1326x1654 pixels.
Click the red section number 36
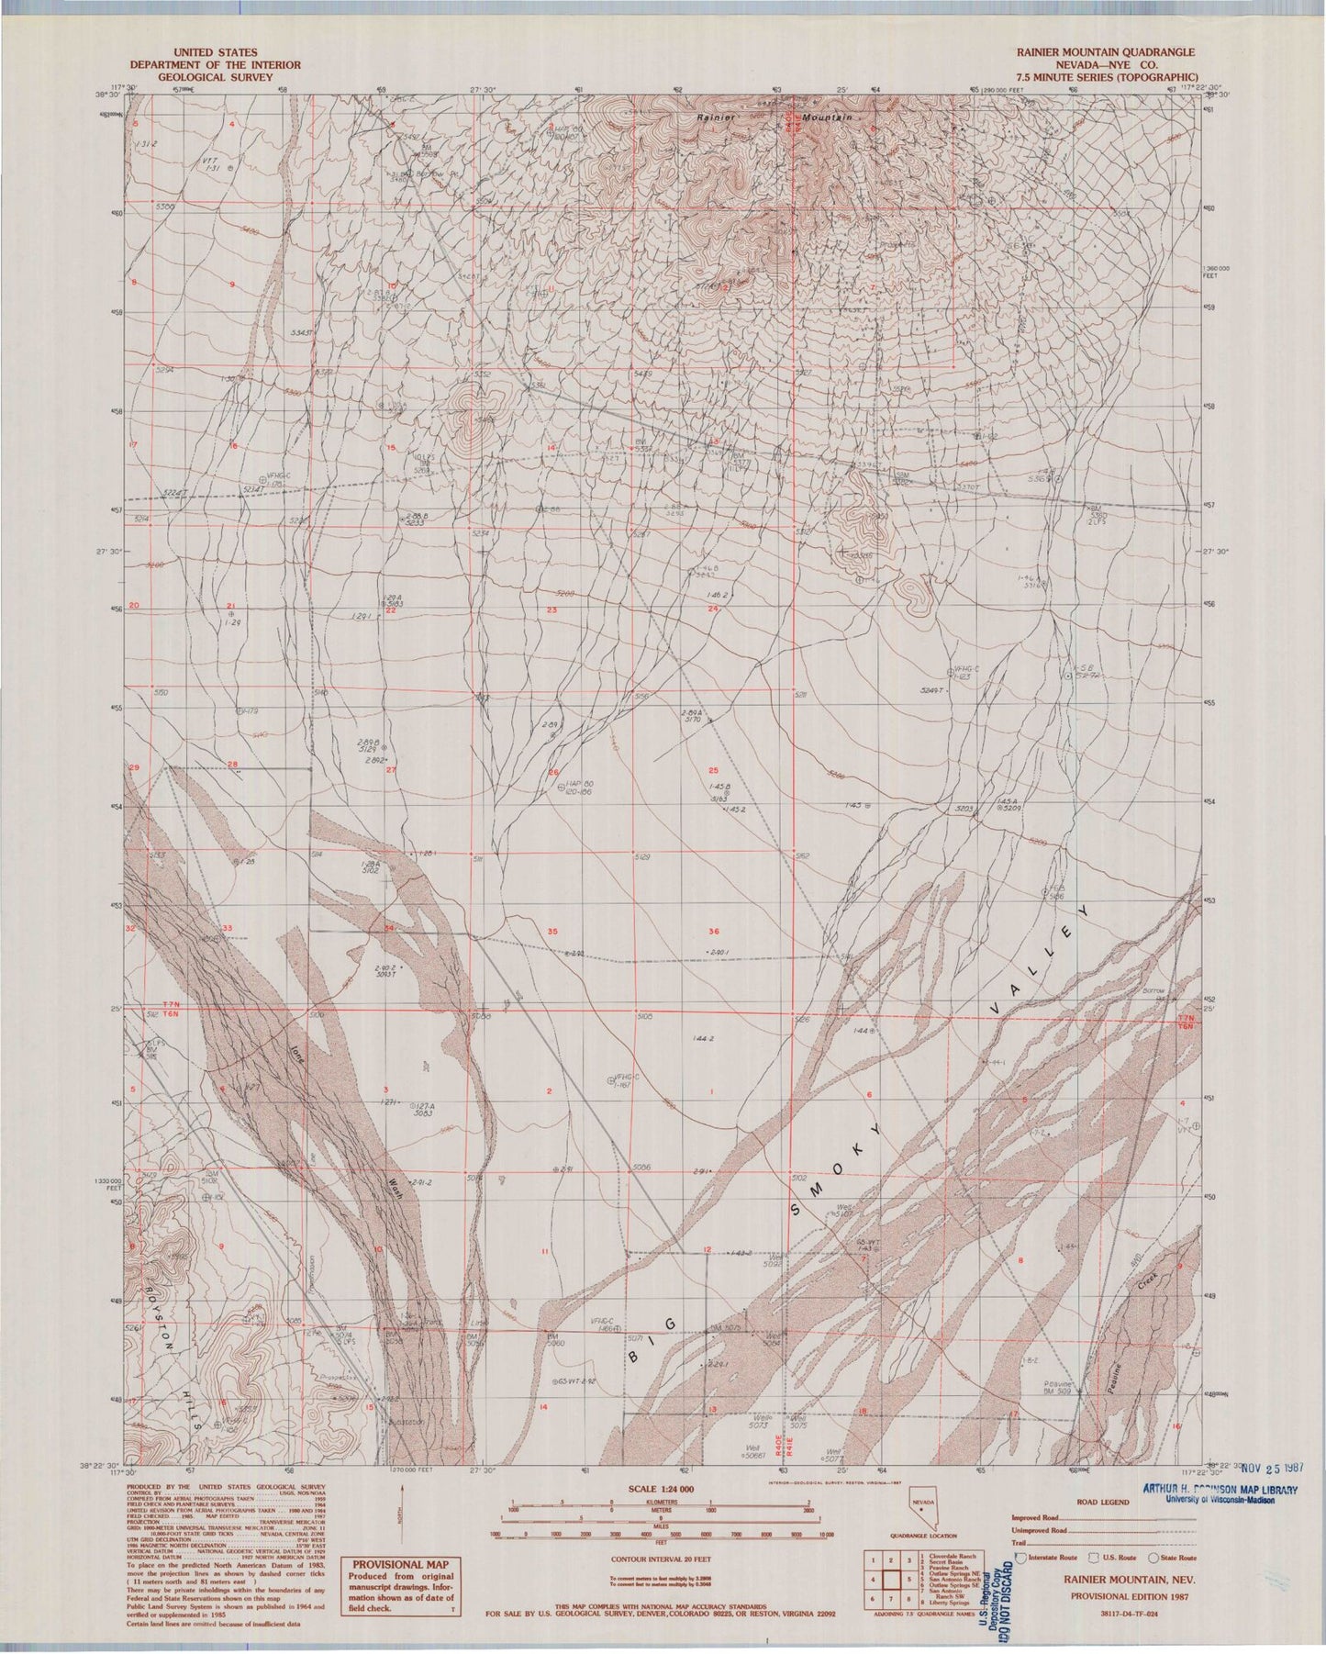[714, 933]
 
